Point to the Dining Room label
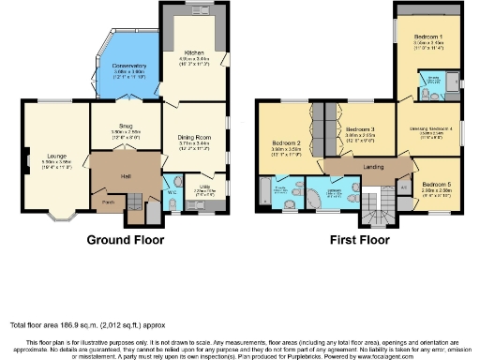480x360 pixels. (193, 138)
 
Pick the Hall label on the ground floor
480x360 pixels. (124, 174)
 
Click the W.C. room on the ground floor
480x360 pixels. (172, 192)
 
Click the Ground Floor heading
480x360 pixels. (125, 240)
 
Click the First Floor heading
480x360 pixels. (359, 240)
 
